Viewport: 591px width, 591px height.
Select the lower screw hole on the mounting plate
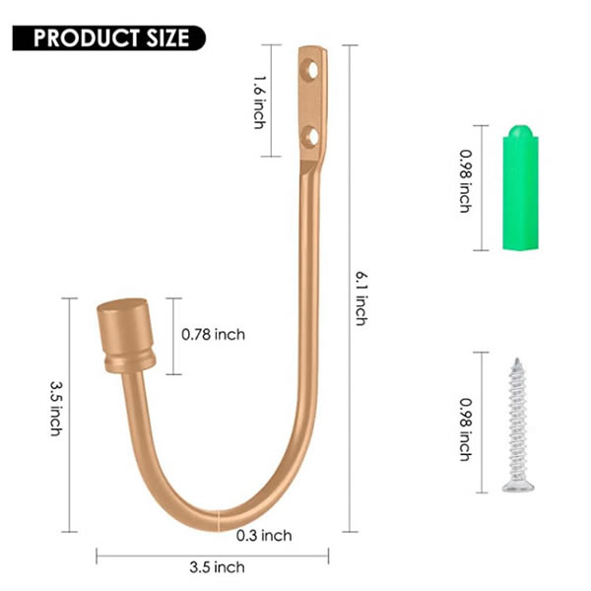click(311, 135)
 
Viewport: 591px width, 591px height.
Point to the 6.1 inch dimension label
click(361, 296)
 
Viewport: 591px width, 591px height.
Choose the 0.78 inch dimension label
click(214, 335)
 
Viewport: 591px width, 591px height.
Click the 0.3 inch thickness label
click(264, 535)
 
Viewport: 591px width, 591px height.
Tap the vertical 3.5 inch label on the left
click(56, 409)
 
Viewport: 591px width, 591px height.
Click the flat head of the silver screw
click(516, 483)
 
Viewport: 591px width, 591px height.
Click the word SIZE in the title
click(169, 38)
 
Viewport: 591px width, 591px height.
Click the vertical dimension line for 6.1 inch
click(351, 295)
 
